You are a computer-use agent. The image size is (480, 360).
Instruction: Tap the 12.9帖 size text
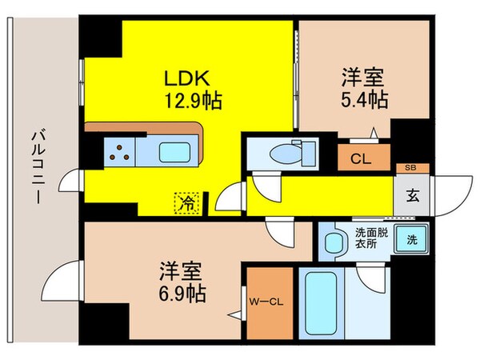(194, 102)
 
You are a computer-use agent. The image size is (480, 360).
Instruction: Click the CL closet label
(361, 158)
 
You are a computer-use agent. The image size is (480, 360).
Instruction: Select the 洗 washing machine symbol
(410, 239)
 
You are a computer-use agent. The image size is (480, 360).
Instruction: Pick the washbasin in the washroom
(330, 241)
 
